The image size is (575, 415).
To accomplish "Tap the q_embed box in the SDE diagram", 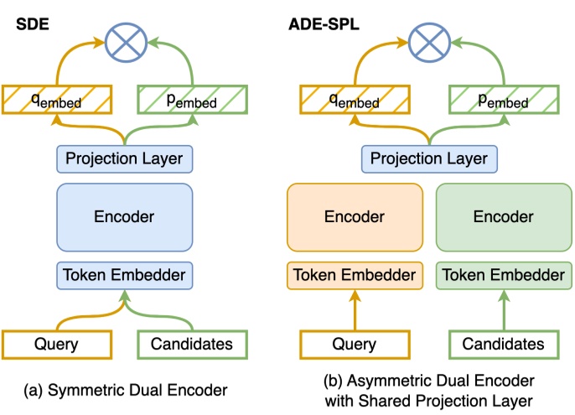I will point(56,99).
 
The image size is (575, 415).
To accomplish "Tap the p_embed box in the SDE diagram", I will point(193,99).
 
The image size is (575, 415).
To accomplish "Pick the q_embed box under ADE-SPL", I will point(355,99).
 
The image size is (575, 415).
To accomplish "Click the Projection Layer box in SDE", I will point(125,158).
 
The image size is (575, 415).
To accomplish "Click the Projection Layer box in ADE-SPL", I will point(428,158).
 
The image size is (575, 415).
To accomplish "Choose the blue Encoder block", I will point(125,216).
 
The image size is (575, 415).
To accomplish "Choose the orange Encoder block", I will point(355,216).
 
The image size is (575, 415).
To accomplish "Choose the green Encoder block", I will point(502,216).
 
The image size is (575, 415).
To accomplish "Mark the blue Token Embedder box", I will point(125,274).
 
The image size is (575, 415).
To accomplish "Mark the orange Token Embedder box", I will point(355,275).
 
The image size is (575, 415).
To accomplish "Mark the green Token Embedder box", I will point(502,275).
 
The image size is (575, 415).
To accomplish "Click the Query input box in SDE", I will point(56,344).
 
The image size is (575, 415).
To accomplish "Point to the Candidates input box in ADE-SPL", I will point(502,344).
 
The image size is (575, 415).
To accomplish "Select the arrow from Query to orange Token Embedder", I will point(355,310).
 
